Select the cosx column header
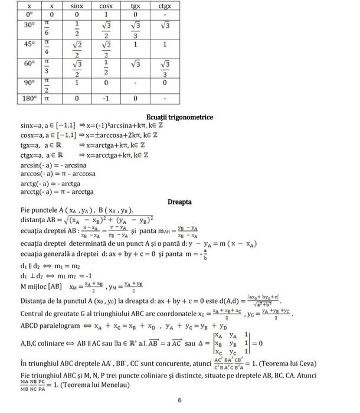(x=107, y=5)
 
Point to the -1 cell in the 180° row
(x=107, y=98)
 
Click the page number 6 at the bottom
(x=179, y=400)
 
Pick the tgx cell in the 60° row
(x=136, y=63)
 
